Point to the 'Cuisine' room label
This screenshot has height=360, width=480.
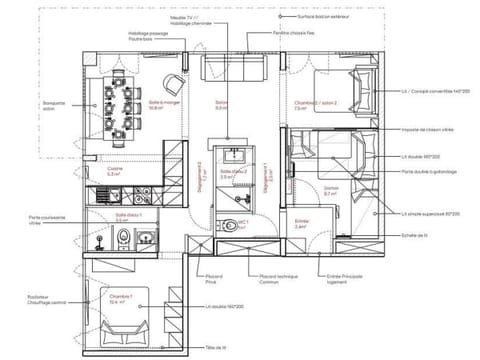click(116, 171)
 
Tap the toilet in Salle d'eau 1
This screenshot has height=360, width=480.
click(122, 238)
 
